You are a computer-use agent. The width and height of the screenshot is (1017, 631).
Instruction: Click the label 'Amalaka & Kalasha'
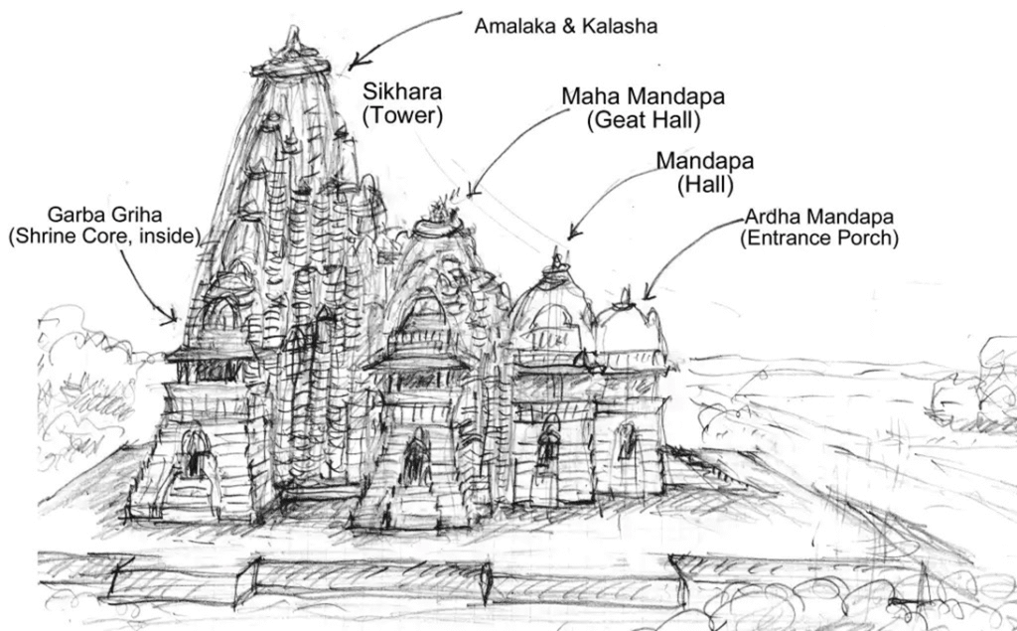point(565,26)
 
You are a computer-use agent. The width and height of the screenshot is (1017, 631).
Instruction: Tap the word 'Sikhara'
point(402,92)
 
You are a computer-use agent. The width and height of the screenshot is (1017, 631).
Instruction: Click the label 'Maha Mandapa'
point(643,97)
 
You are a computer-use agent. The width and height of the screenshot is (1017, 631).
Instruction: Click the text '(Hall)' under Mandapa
point(705,184)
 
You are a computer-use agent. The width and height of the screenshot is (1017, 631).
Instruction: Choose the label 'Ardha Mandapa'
point(820,217)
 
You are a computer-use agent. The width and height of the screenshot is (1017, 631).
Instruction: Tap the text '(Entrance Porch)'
point(820,238)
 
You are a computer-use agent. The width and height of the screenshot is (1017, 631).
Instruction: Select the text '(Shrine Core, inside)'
point(104,237)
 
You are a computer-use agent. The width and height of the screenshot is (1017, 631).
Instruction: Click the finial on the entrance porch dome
point(625,294)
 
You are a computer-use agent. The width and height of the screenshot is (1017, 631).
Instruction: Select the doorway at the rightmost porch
point(626,442)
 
